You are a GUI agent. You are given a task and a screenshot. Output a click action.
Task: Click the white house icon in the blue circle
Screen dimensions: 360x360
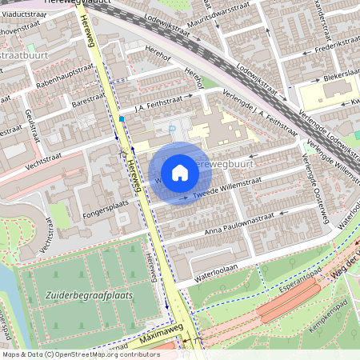tap(180, 172)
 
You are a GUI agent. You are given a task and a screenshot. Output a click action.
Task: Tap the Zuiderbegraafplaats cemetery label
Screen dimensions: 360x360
tap(90, 294)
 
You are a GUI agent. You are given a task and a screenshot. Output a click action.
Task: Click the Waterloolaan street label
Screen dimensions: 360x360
tap(210, 273)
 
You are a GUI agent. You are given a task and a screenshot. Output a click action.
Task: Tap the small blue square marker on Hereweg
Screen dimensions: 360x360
tap(122, 118)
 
